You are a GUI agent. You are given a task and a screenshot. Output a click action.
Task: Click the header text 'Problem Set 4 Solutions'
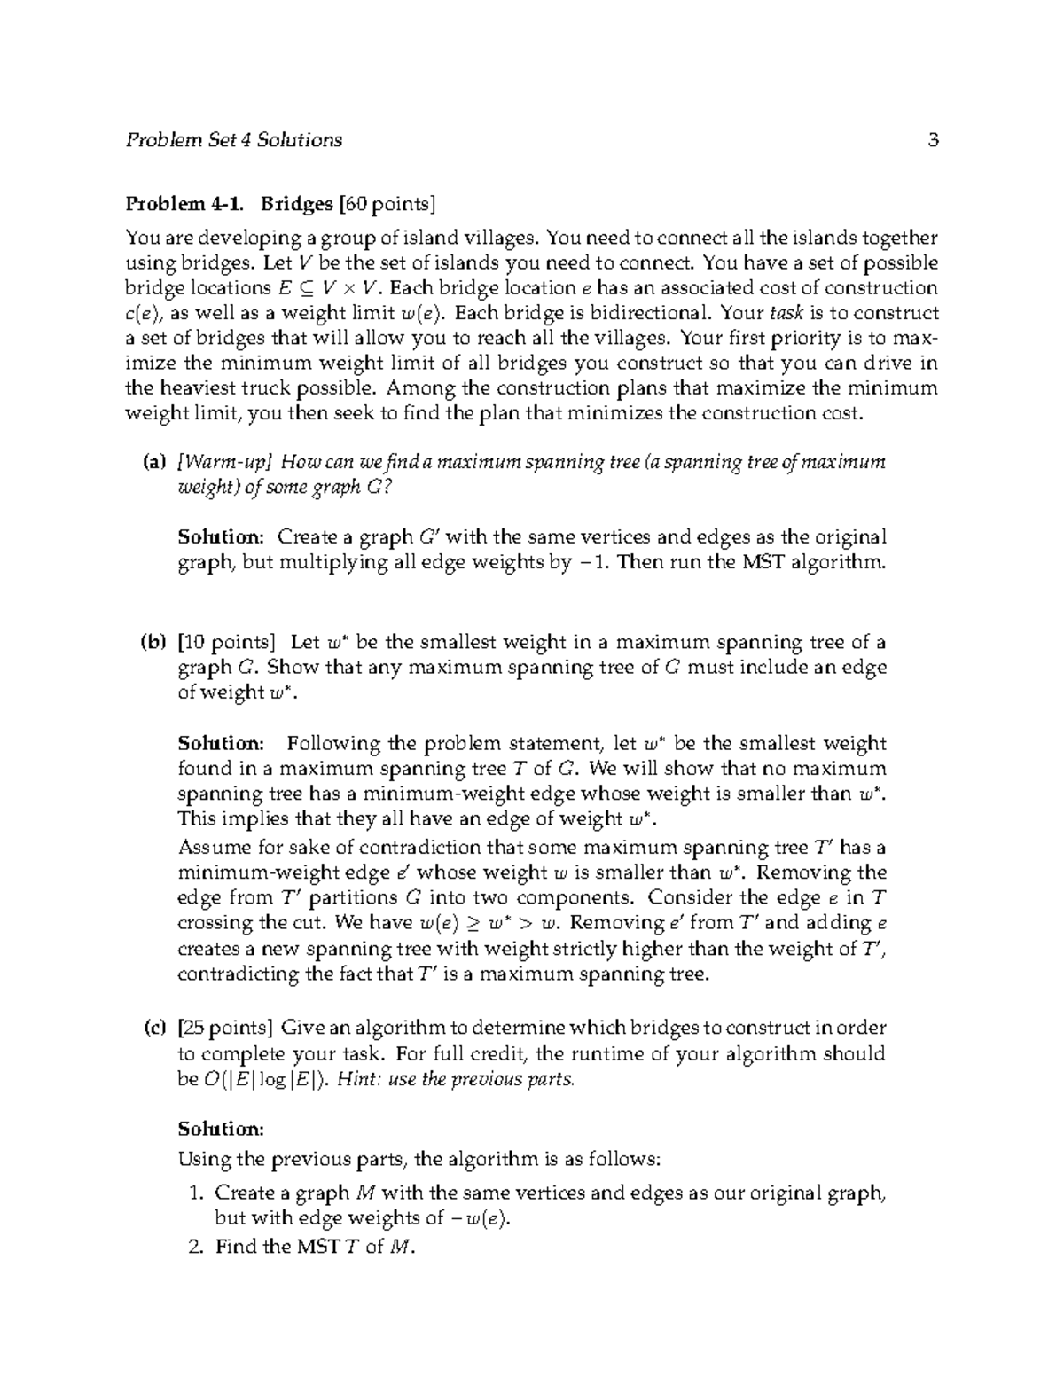tap(234, 140)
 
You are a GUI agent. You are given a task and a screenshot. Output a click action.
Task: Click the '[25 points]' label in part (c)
tap(225, 1029)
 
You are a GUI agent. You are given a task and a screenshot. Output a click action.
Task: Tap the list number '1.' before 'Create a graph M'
tap(199, 1193)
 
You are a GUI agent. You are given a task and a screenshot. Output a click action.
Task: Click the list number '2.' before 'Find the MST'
tap(199, 1247)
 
